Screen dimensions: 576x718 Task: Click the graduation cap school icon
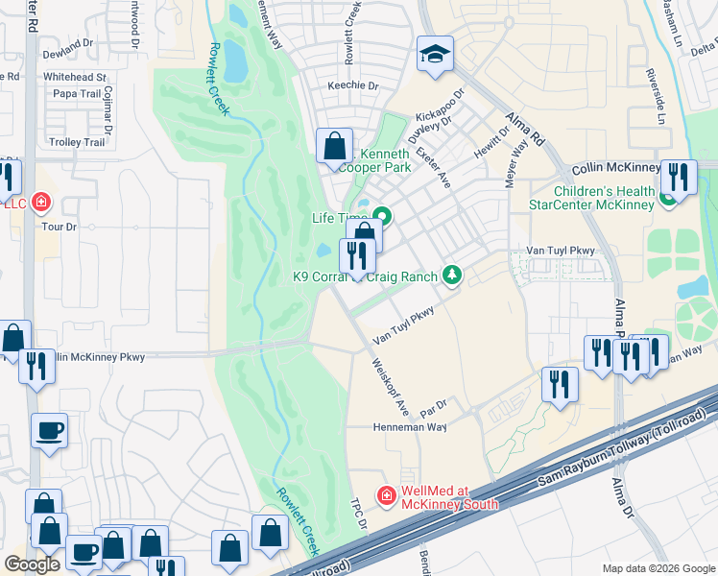click(x=435, y=55)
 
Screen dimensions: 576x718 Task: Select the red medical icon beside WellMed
click(x=386, y=495)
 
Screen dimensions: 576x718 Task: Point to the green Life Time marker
click(x=382, y=216)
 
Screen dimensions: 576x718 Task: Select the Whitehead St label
click(x=74, y=77)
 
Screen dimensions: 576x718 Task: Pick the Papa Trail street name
click(x=78, y=94)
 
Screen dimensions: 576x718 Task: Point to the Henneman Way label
click(x=410, y=427)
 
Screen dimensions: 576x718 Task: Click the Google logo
click(x=32, y=564)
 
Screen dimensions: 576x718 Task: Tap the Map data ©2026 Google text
click(x=658, y=568)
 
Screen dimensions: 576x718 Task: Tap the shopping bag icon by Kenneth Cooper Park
click(x=335, y=148)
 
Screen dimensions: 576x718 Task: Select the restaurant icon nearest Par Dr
click(x=560, y=386)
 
